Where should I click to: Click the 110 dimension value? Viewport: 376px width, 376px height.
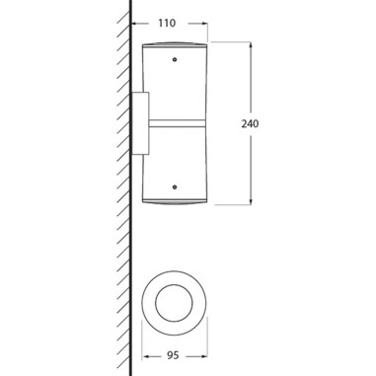click(x=167, y=23)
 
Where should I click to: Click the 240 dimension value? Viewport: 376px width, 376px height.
click(x=250, y=124)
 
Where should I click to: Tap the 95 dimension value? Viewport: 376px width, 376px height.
click(x=173, y=355)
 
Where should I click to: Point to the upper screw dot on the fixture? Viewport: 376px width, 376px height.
click(x=175, y=59)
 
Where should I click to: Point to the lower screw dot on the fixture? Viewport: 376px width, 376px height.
click(x=175, y=187)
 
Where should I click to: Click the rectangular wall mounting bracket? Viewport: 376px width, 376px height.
click(x=140, y=123)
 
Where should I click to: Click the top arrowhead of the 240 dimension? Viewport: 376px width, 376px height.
click(x=251, y=45)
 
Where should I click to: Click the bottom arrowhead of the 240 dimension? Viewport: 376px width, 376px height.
click(x=251, y=200)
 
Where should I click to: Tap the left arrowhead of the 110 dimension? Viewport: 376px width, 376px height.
click(x=135, y=24)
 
